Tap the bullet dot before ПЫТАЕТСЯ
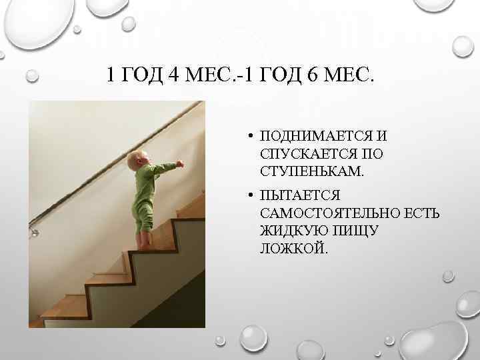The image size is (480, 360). click(247, 196)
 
